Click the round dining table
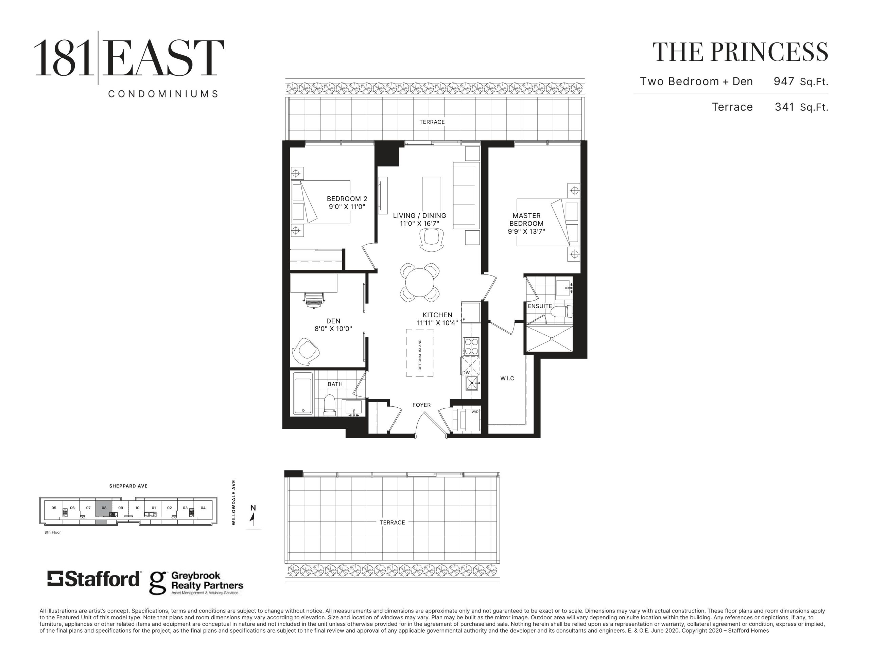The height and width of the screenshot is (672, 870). [419, 282]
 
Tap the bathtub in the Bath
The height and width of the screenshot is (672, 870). [303, 393]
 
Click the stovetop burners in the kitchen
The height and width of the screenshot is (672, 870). [471, 346]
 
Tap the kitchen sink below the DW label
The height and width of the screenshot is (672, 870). [472, 383]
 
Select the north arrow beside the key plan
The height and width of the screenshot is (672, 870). [252, 517]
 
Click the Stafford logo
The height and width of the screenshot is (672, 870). [94, 579]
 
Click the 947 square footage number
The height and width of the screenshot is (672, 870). [784, 81]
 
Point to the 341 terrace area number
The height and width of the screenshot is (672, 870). [785, 107]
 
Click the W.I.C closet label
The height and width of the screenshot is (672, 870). [507, 378]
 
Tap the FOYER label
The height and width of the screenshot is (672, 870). [421, 405]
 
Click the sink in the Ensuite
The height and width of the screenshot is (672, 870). [563, 288]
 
